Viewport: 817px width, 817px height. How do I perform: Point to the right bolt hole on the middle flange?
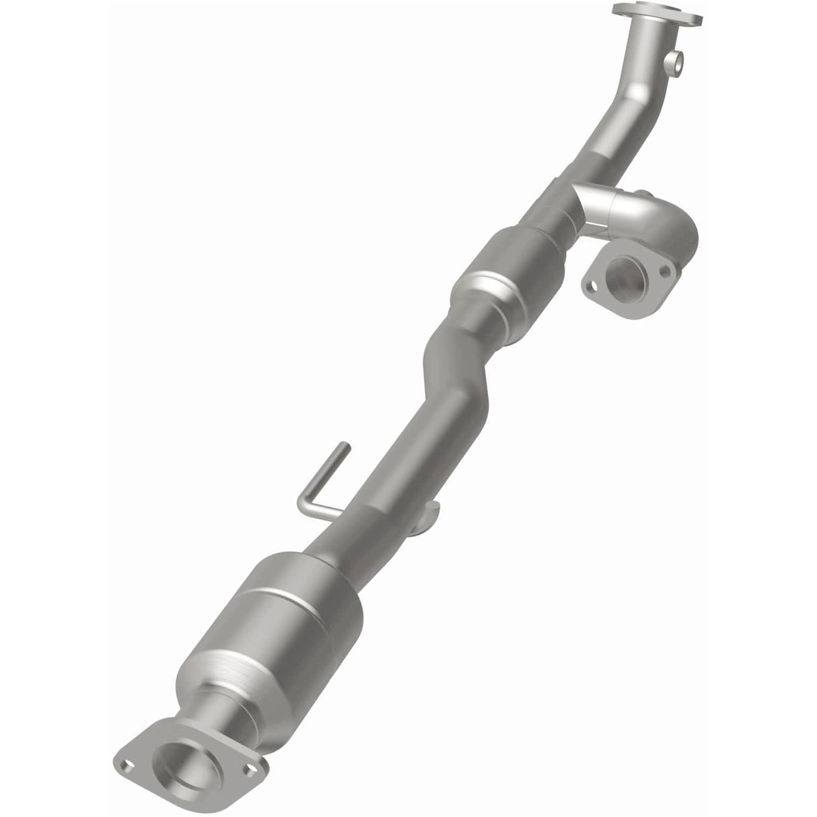(x=665, y=270)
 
